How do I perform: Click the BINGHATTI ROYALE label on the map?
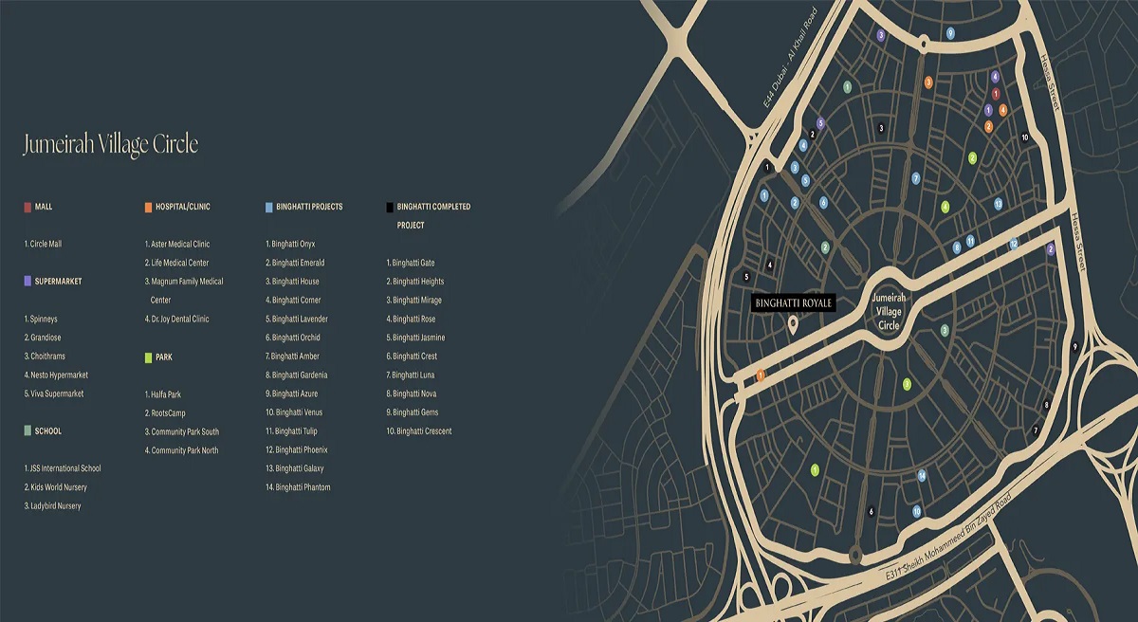click(793, 302)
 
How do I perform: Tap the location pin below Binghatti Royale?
click(793, 325)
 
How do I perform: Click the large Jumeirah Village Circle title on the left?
click(110, 144)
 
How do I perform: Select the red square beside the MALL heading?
click(28, 207)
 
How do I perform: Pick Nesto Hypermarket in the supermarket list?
click(56, 375)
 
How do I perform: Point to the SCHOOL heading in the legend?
click(47, 431)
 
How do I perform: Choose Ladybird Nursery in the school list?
click(53, 506)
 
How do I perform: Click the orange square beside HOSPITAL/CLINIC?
click(148, 207)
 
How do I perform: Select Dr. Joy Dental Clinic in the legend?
click(177, 319)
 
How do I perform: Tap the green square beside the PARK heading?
click(148, 357)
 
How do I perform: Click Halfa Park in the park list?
click(163, 393)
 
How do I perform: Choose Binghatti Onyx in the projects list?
click(291, 244)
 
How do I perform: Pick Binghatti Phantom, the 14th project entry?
click(299, 487)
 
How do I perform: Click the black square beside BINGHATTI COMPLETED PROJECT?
click(390, 207)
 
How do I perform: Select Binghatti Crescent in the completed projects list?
click(419, 431)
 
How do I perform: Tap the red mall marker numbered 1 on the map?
click(996, 93)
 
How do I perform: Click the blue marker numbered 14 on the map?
click(921, 475)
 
